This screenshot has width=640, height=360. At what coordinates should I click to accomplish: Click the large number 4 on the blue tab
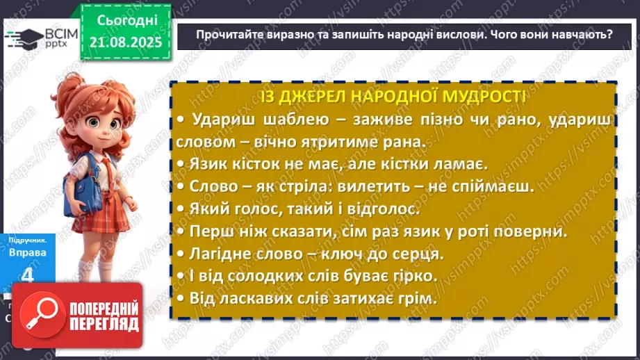(x=28, y=275)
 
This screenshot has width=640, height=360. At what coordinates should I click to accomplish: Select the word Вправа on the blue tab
(x=27, y=252)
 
